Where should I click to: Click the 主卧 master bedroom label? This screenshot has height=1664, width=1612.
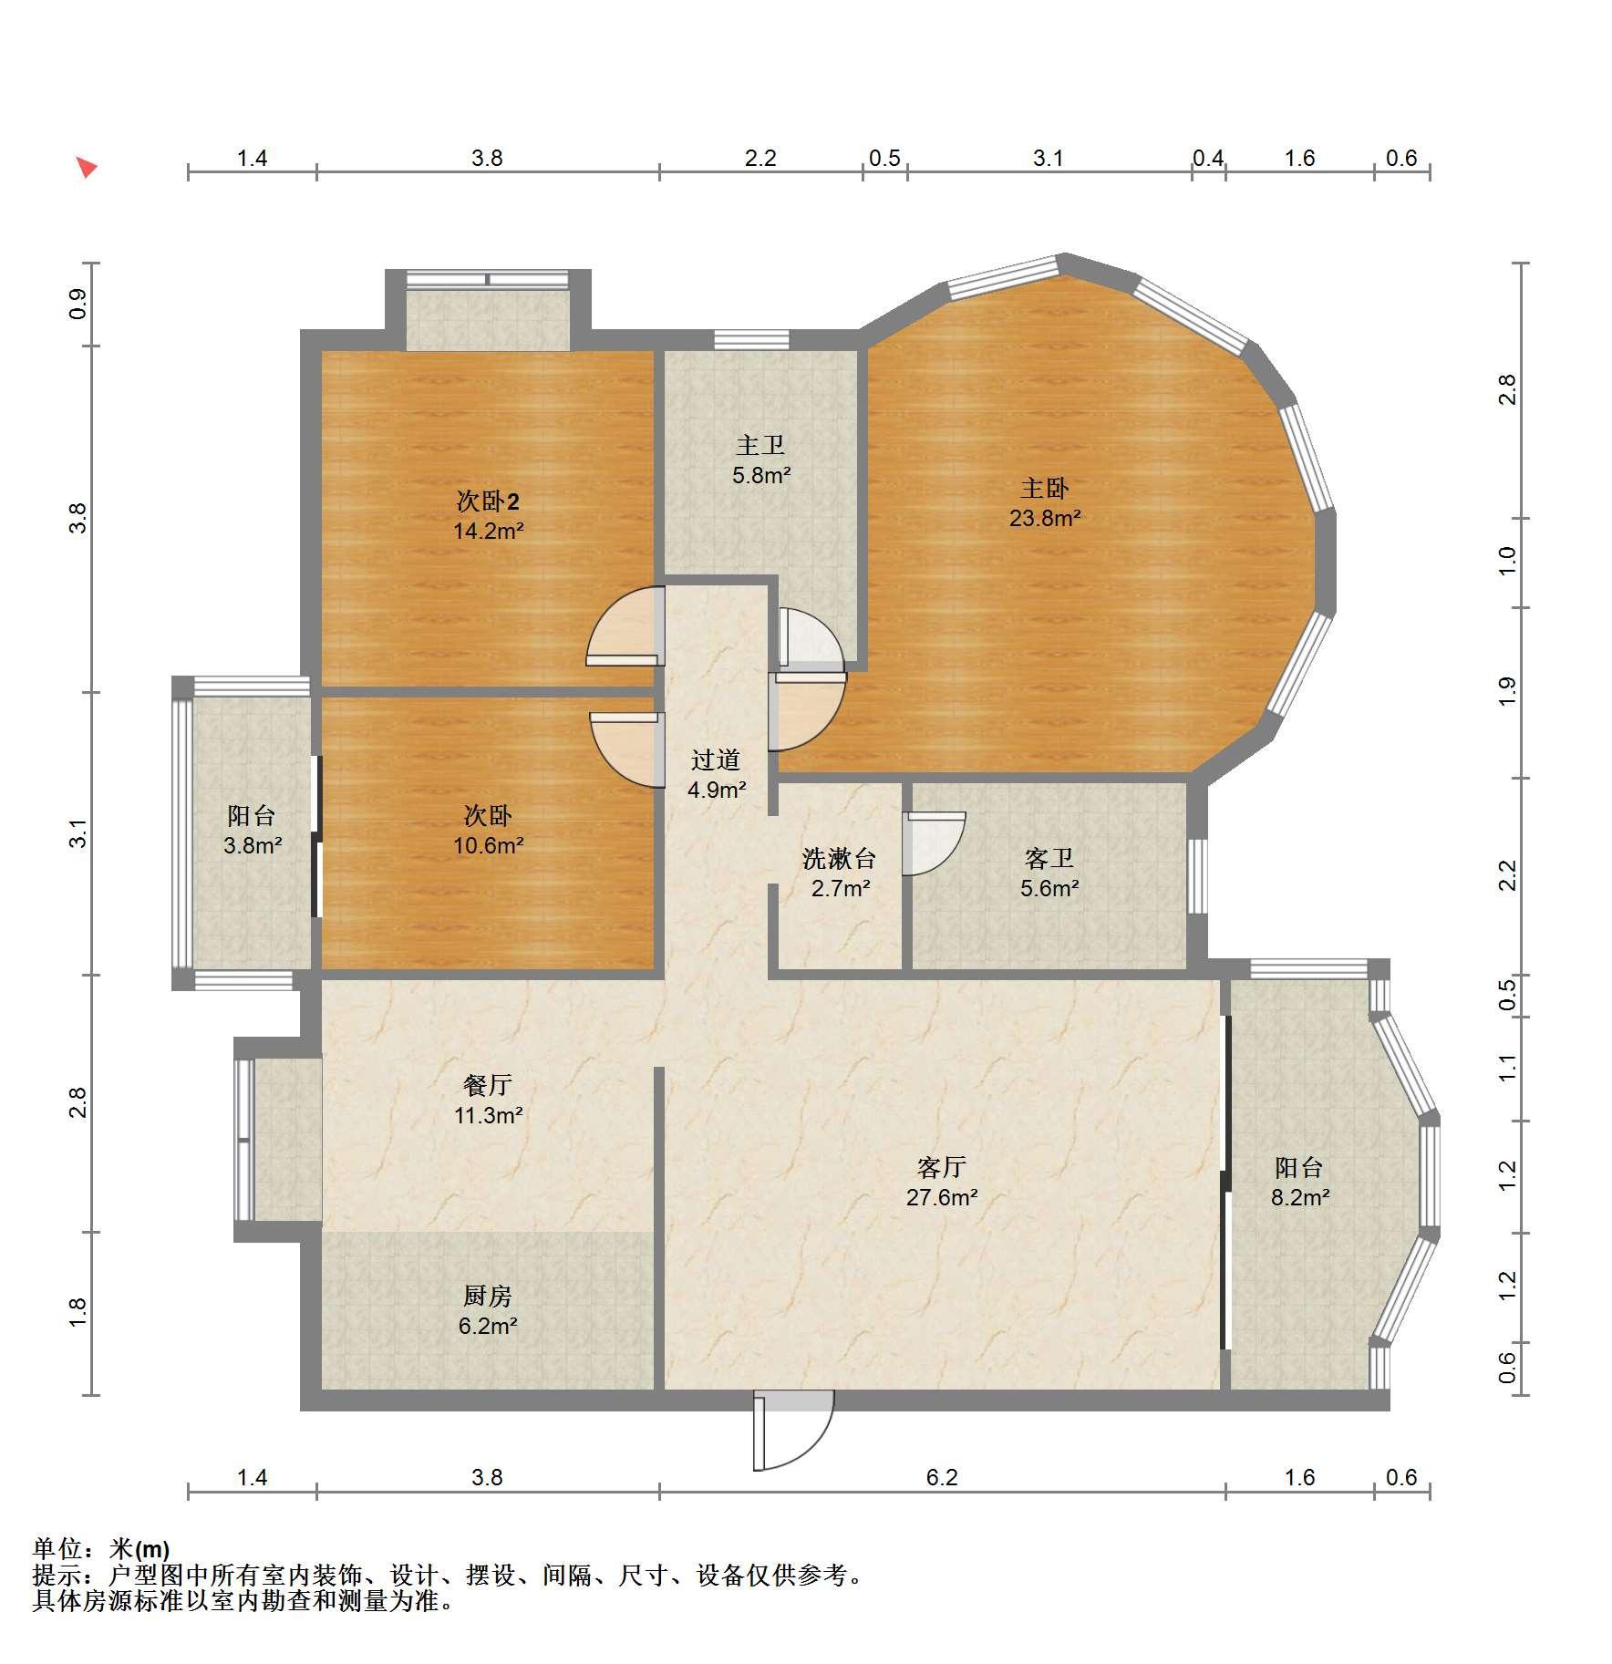click(1045, 488)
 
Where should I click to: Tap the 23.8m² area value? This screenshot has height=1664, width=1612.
click(1045, 518)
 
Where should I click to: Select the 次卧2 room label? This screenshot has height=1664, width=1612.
click(488, 501)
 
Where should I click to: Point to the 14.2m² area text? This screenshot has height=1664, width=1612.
click(488, 531)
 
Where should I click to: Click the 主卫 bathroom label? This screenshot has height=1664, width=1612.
click(760, 445)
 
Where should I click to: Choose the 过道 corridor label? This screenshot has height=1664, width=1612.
click(715, 760)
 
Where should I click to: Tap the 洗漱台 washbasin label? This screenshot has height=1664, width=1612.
click(839, 858)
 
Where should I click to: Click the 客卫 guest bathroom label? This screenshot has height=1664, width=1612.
click(1049, 858)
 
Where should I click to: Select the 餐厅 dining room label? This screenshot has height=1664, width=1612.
click(488, 1084)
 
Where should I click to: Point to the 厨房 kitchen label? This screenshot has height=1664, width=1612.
click(488, 1296)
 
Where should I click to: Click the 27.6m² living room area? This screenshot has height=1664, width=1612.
click(942, 1197)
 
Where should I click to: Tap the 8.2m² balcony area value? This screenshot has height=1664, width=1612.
click(1300, 1197)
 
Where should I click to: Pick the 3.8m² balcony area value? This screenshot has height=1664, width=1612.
click(253, 845)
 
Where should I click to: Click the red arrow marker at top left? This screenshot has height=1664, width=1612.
click(87, 167)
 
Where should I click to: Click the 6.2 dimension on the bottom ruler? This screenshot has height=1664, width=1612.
click(942, 1476)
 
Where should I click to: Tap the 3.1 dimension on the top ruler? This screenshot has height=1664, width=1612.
click(1048, 158)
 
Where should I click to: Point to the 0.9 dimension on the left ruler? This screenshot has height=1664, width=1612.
click(78, 303)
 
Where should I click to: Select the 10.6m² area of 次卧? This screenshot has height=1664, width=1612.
click(488, 845)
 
